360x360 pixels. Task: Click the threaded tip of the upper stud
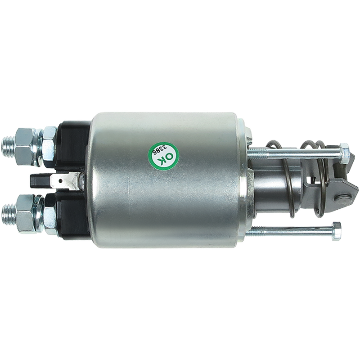pos(8,147)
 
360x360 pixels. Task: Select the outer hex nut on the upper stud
pos(24,147)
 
